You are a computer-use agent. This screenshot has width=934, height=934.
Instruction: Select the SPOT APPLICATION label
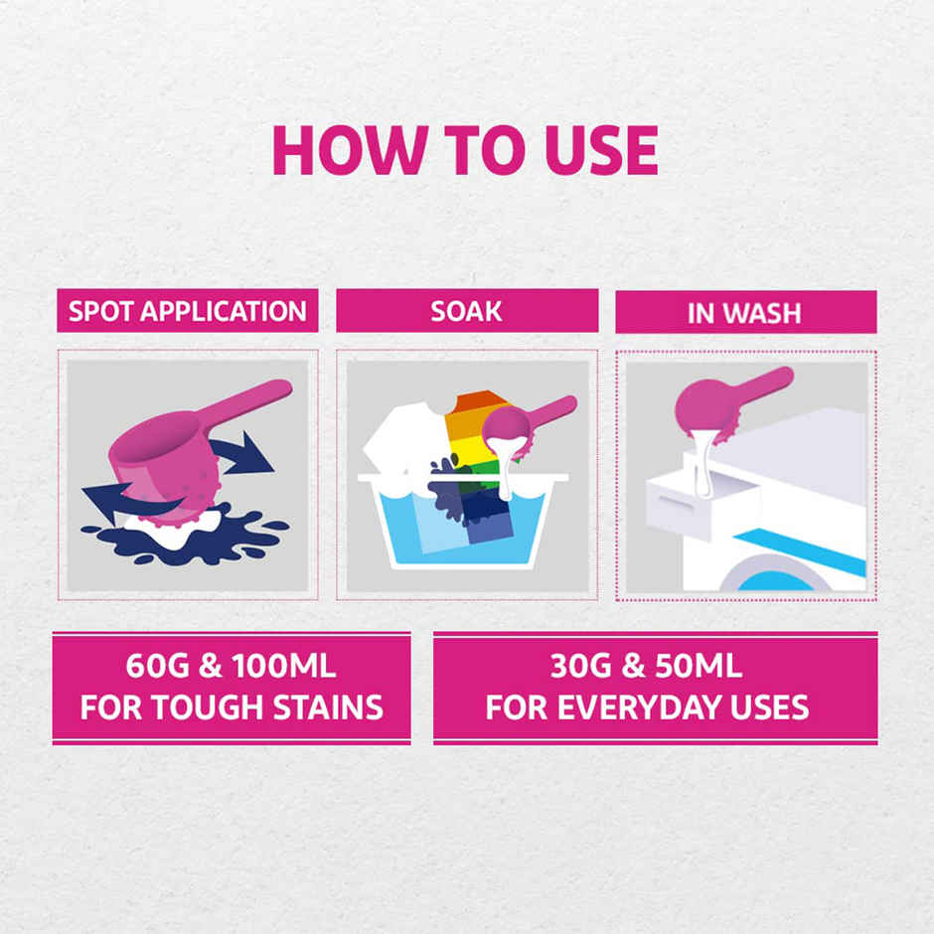click(x=188, y=311)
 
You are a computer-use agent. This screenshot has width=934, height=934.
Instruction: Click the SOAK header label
click(x=466, y=311)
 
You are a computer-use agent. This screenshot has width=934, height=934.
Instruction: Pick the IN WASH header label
click(x=745, y=312)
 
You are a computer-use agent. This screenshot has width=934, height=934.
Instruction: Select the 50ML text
click(x=696, y=667)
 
